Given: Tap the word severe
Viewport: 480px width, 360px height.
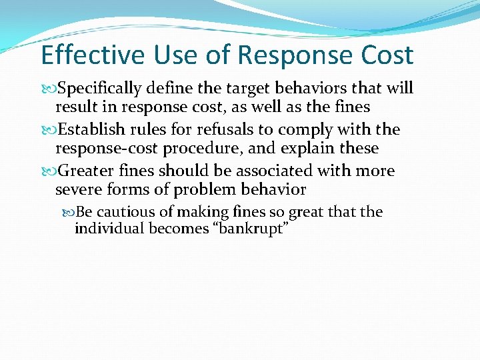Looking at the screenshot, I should (x=79, y=190).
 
